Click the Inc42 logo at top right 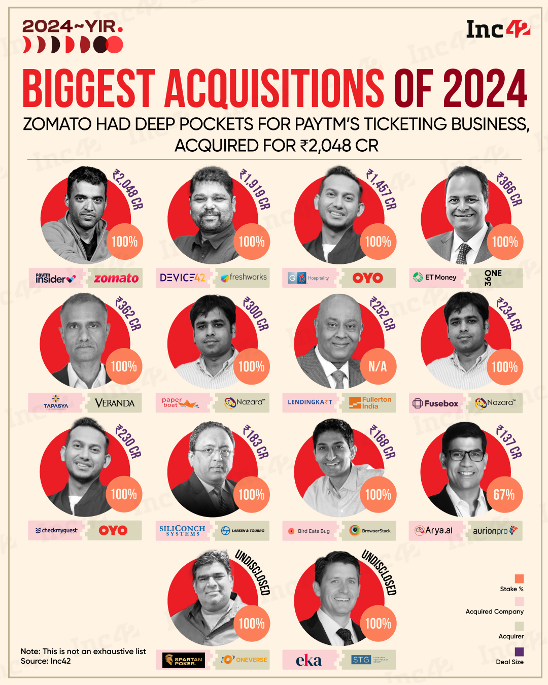click(x=498, y=29)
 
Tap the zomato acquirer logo click(x=116, y=278)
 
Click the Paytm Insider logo click(x=56, y=278)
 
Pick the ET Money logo click(x=435, y=278)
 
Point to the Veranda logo click(x=115, y=403)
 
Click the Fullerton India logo click(x=370, y=403)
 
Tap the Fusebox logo click(x=436, y=403)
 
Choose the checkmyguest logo click(x=56, y=530)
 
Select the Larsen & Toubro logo click(x=243, y=531)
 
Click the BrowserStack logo click(x=370, y=531)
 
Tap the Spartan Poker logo click(x=183, y=660)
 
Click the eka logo click(x=309, y=660)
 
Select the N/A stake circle click(x=378, y=366)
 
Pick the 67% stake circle click(x=504, y=495)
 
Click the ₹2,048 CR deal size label click(x=128, y=189)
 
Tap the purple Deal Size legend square click(x=519, y=652)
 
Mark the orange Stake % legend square click(x=519, y=579)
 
